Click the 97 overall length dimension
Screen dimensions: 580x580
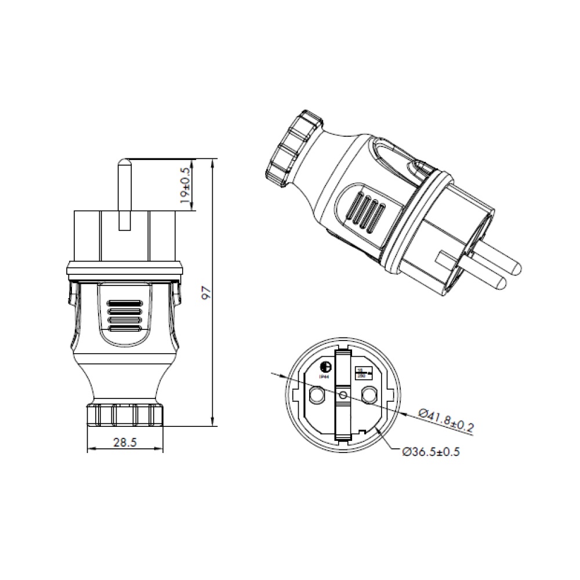204,292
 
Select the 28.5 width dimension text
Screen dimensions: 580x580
125,443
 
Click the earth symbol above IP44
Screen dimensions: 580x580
325,367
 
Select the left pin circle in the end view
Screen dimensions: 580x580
317,396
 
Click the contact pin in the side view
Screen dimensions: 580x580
124,194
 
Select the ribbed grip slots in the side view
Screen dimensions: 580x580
125,317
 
